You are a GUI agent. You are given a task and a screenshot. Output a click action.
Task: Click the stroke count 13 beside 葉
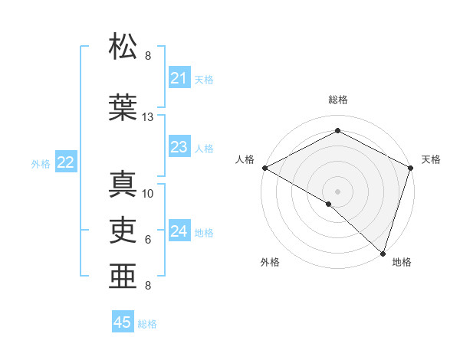pyautogui.click(x=148, y=117)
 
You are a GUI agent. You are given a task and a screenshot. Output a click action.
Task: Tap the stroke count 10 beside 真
pyautogui.click(x=148, y=194)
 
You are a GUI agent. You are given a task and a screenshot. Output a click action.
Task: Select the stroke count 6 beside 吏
pyautogui.click(x=148, y=240)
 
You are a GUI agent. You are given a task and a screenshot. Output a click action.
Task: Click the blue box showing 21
pyautogui.click(x=179, y=78)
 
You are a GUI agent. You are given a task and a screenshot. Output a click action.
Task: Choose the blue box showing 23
pyautogui.click(x=179, y=147)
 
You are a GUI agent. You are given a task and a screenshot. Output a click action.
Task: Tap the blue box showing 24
pyautogui.click(x=179, y=231)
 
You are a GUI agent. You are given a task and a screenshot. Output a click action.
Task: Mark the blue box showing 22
pyautogui.click(x=66, y=162)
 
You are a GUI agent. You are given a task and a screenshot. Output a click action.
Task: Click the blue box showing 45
pyautogui.click(x=123, y=322)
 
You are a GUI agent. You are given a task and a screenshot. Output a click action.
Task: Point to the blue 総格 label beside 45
pyautogui.click(x=147, y=324)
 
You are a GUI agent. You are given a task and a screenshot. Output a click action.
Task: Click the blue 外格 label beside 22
pyautogui.click(x=41, y=163)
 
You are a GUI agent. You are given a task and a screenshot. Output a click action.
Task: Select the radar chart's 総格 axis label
pyautogui.click(x=338, y=100)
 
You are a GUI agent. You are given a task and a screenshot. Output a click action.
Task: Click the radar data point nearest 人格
pyautogui.click(x=264, y=168)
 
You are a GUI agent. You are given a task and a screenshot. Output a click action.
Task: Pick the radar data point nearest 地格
pyautogui.click(x=383, y=253)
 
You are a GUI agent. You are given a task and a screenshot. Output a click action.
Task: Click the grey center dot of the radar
pyautogui.click(x=338, y=191)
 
